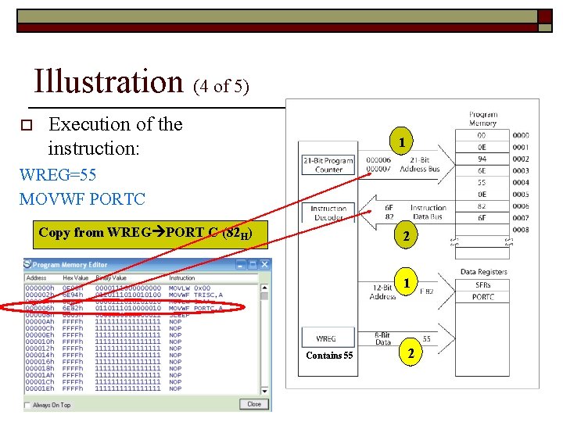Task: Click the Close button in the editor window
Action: [254, 404]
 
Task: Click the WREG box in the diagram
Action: [327, 339]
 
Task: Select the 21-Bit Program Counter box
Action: [328, 165]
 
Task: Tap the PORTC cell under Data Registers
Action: [483, 297]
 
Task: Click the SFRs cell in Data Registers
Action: [483, 285]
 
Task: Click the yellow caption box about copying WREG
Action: [145, 232]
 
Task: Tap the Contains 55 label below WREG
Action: [329, 356]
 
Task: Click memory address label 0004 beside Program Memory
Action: [521, 182]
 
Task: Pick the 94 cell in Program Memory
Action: [482, 159]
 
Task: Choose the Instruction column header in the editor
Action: [183, 277]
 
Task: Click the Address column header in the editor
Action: [37, 277]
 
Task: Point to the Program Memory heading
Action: [482, 119]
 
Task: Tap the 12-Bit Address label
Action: [382, 291]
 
